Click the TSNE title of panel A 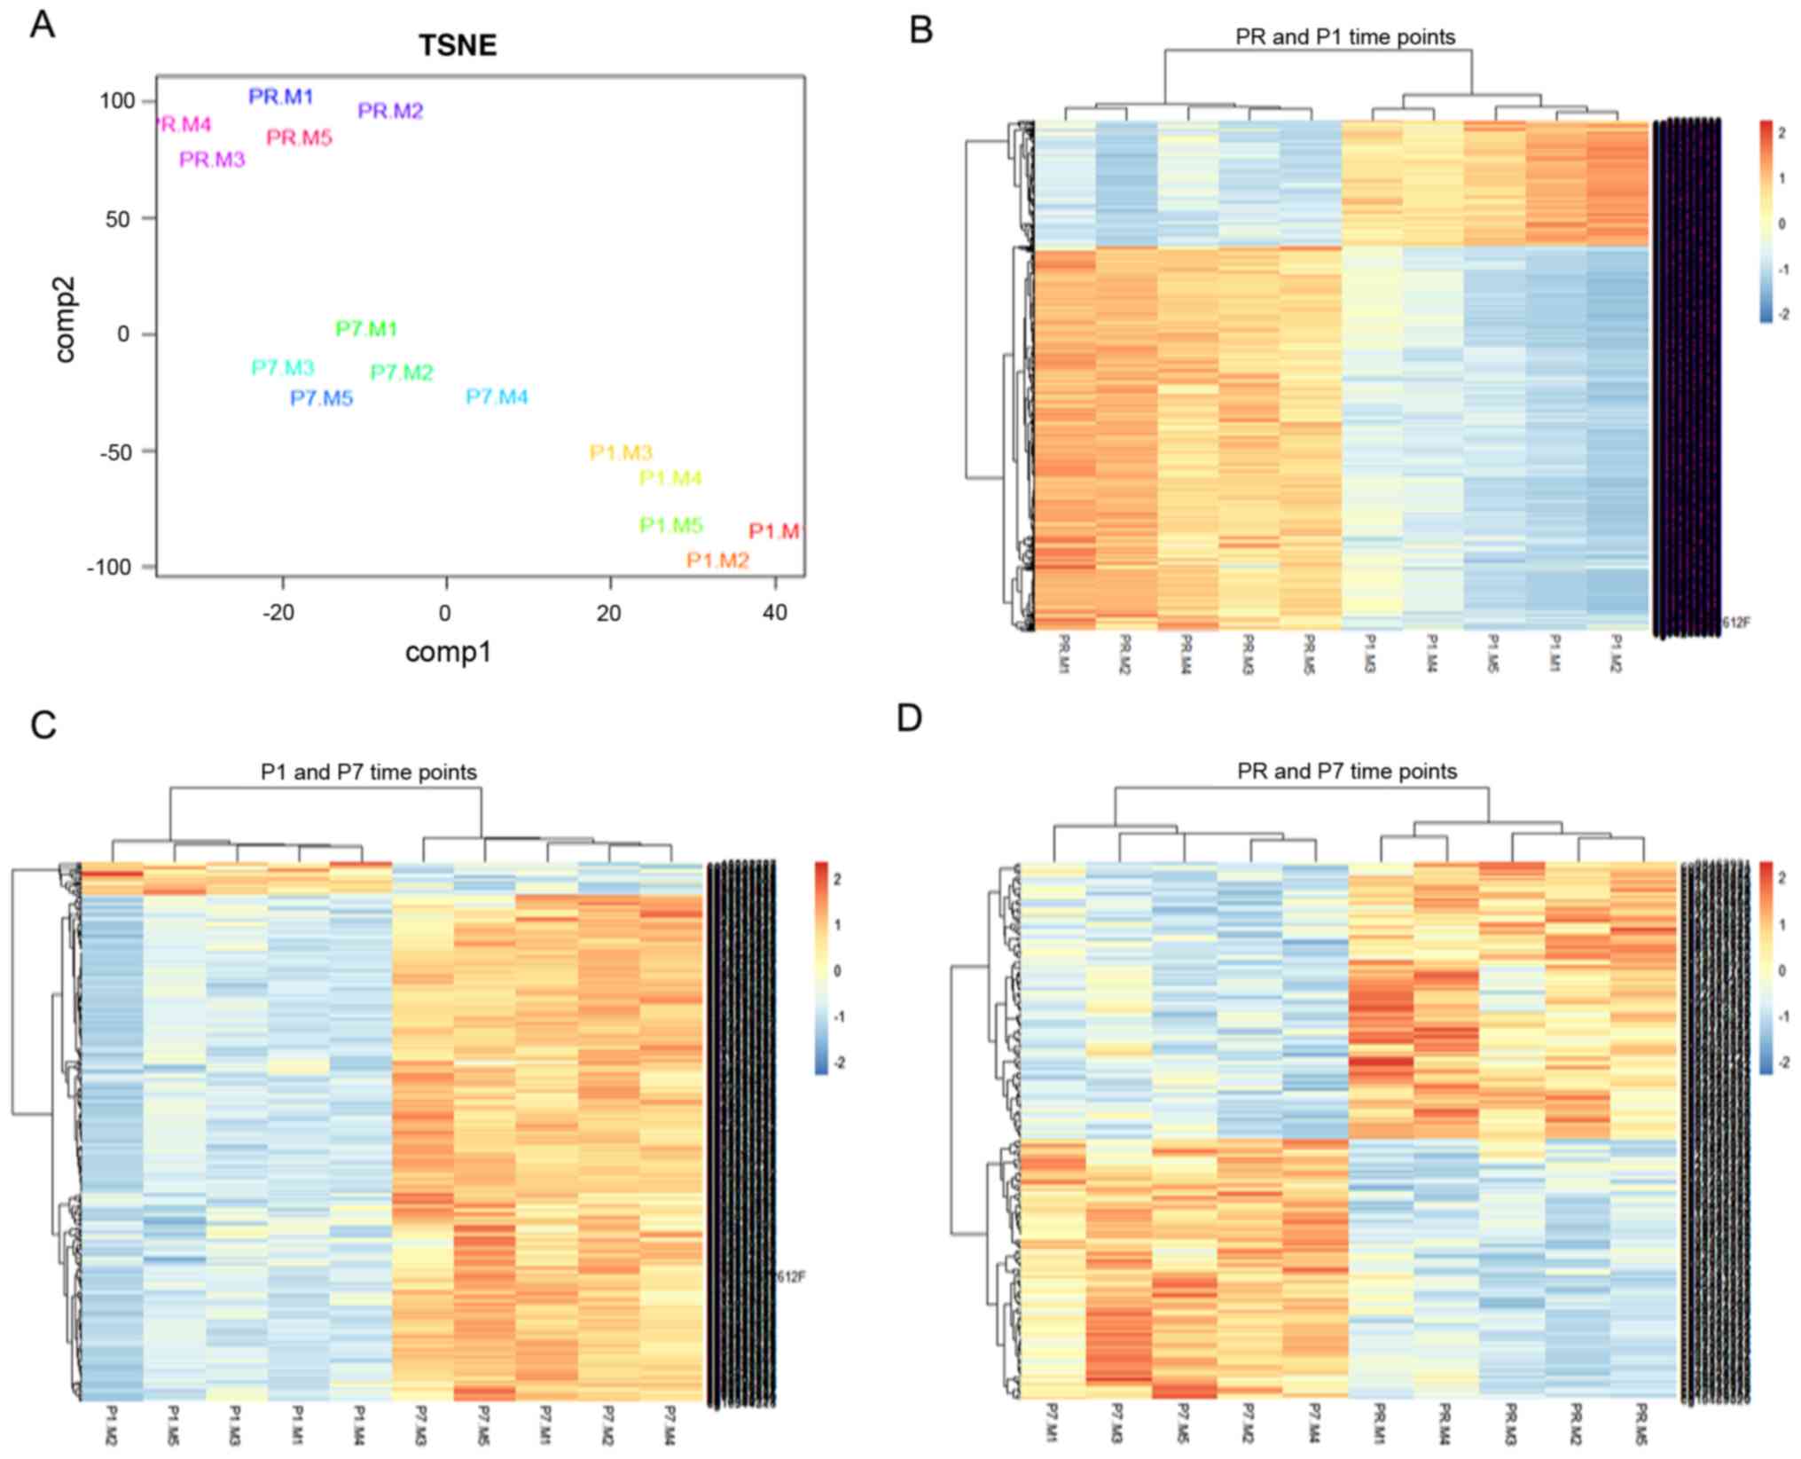[458, 45]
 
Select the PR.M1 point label [281, 97]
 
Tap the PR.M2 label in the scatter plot [390, 111]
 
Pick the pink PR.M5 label [299, 137]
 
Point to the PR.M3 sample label [212, 160]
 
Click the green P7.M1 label [366, 329]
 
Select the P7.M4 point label [497, 396]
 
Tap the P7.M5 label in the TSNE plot [321, 398]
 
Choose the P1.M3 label [621, 452]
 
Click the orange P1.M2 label [717, 561]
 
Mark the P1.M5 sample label [671, 525]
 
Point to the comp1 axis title [448, 653]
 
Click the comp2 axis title [65, 319]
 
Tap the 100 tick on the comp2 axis [117, 101]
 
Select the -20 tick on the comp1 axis [278, 613]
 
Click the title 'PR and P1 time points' [1345, 37]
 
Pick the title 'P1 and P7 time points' [368, 773]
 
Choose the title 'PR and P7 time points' [1347, 772]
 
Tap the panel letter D [910, 718]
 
